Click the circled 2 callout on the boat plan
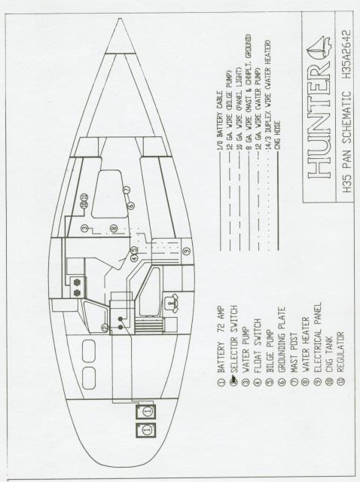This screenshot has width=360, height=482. click(105, 328)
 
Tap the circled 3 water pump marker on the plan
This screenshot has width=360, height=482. click(84, 228)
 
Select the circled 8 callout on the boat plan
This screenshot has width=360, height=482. click(114, 228)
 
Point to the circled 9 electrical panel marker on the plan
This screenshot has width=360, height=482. click(187, 251)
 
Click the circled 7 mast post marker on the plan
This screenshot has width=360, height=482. click(127, 191)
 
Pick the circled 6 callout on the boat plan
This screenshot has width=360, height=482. click(131, 206)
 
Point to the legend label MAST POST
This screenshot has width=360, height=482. click(294, 352)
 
